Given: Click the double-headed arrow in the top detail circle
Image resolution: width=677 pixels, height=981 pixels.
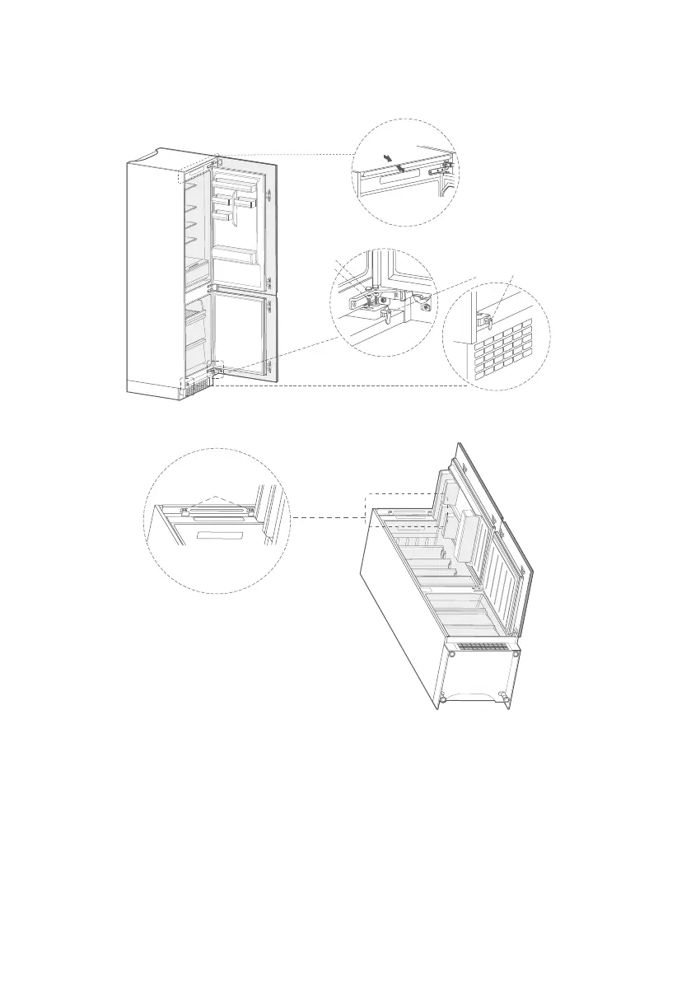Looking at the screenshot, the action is point(395,162).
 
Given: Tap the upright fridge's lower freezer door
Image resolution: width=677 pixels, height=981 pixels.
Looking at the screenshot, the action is point(242,334).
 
